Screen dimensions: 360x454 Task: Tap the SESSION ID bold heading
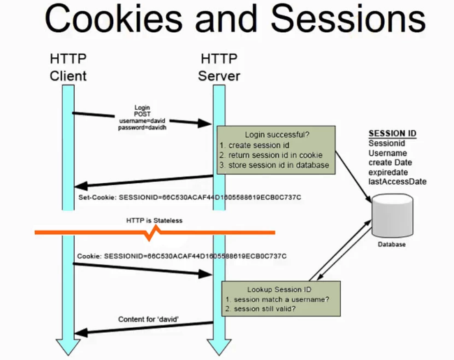point(393,134)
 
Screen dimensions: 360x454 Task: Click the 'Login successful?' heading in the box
point(275,134)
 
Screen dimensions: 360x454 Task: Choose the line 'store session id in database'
point(277,165)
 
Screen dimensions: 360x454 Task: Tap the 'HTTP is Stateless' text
point(154,220)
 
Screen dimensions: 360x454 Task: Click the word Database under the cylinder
point(390,245)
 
